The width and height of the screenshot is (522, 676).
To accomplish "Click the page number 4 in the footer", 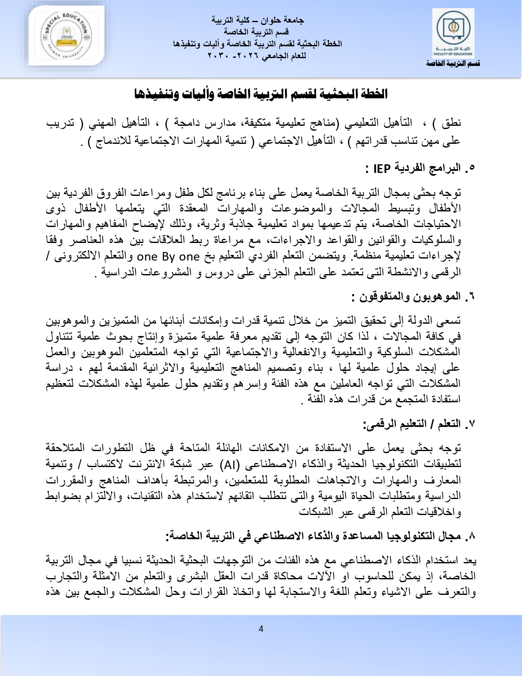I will (261, 629).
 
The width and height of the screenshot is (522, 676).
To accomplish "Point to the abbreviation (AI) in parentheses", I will (229, 464).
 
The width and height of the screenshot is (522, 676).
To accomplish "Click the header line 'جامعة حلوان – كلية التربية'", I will (258, 20).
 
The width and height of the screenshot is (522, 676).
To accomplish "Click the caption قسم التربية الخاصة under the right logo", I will (453, 64).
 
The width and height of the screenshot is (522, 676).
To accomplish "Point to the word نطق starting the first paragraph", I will (453, 123).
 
